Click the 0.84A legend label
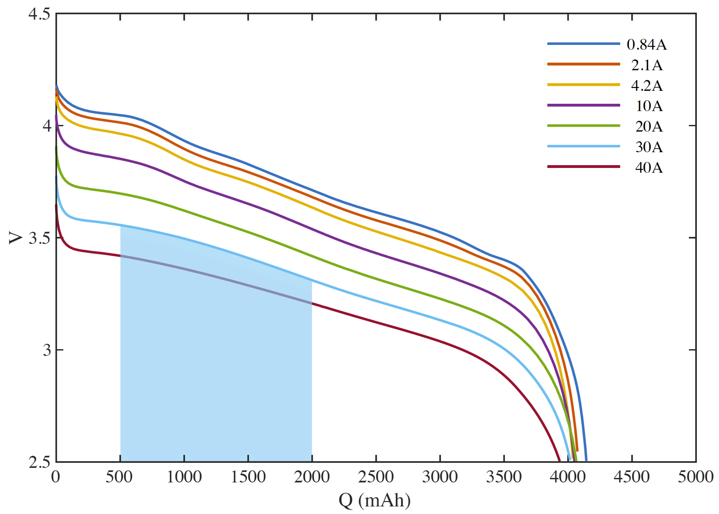point(647,45)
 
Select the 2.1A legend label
point(647,65)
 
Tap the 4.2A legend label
point(647,85)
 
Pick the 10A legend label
point(649,106)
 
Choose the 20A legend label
point(649,126)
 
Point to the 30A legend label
point(649,147)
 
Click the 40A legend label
point(649,167)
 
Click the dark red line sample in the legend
point(583,167)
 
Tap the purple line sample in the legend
point(583,105)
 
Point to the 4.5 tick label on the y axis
point(39,14)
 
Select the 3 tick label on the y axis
point(47,350)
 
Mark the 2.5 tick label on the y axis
point(39,462)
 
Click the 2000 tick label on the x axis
point(312,477)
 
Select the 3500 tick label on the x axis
point(504,477)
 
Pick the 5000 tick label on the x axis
point(695,477)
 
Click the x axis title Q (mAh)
point(375,500)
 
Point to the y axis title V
point(15,238)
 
